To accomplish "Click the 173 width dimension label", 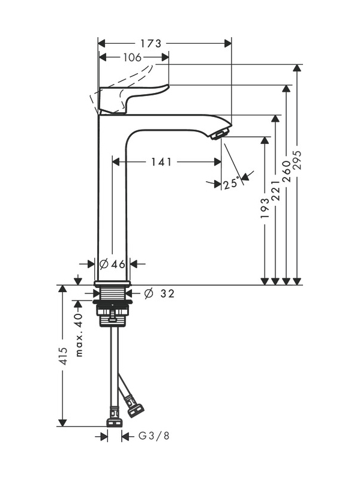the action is point(151,43).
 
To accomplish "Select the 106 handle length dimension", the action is point(132,57).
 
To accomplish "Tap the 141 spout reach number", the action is point(161,161).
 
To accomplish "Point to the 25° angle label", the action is point(231,184).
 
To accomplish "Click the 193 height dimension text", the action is point(265,208).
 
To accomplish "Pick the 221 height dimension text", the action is point(275,190).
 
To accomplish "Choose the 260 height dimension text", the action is point(286,172).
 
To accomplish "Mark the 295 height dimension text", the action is point(297,160).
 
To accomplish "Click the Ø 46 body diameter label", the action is point(113,263).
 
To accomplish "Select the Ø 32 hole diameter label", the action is point(159,293).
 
